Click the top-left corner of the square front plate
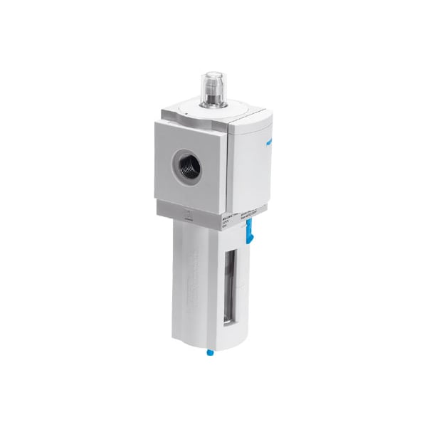click(x=157, y=122)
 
